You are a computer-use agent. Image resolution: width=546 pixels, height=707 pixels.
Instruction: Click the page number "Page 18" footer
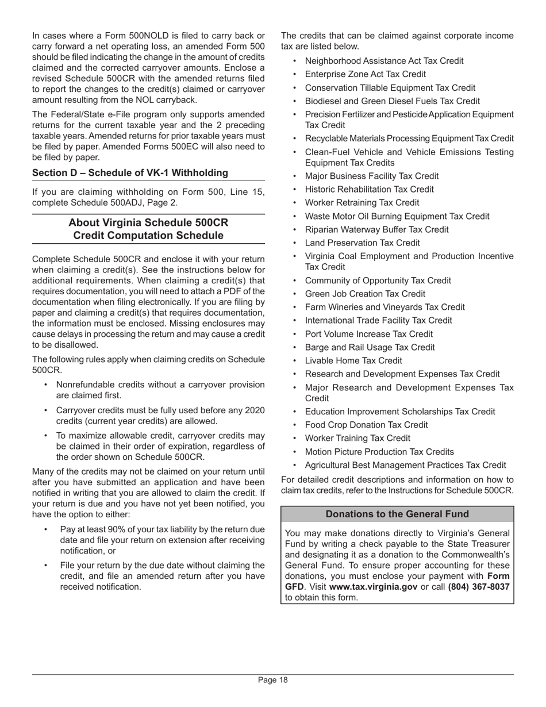[272, 680]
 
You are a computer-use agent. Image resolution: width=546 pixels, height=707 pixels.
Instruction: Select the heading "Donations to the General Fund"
[397, 514]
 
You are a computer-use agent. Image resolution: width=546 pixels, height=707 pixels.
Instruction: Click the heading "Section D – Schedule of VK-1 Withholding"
[130, 173]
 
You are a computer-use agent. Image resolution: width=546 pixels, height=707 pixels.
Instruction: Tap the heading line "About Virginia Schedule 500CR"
[148, 222]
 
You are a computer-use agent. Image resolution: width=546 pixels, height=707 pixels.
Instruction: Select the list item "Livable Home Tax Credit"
[353, 360]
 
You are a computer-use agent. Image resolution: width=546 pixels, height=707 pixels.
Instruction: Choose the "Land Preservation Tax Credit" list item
[362, 243]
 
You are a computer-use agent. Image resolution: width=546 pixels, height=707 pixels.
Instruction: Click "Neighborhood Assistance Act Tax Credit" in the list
[384, 61]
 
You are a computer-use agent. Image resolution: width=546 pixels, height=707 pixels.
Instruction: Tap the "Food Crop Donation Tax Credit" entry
[366, 425]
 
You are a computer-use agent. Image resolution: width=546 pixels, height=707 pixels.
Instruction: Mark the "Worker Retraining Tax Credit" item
[362, 202]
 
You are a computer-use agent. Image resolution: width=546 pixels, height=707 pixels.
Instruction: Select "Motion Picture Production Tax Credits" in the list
[379, 451]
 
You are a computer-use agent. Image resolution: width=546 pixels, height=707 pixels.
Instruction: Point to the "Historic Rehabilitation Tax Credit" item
[370, 189]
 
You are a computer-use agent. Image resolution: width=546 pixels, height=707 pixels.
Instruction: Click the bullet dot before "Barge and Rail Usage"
[295, 347]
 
